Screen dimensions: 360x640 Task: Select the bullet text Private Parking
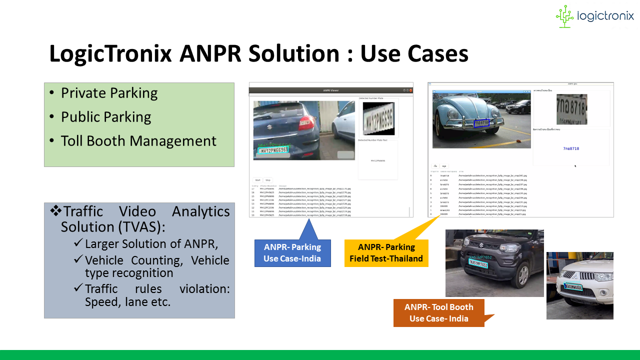coord(109,93)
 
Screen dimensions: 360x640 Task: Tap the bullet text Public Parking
coord(106,117)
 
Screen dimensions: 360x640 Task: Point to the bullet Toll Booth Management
coord(138,141)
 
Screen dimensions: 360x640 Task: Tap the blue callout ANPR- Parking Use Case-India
coord(292,253)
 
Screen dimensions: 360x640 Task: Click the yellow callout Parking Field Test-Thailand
coord(386,253)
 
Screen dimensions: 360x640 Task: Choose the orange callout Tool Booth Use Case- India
coord(438,313)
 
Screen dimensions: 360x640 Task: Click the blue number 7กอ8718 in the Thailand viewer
coord(571,148)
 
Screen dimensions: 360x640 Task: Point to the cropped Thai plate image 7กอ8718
coord(571,109)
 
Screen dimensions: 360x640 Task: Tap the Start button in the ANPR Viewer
coord(257,180)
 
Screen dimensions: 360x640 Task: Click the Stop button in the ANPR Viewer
coord(268,180)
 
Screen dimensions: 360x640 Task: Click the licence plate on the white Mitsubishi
coord(573,287)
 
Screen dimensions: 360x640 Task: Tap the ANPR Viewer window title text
coord(330,90)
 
